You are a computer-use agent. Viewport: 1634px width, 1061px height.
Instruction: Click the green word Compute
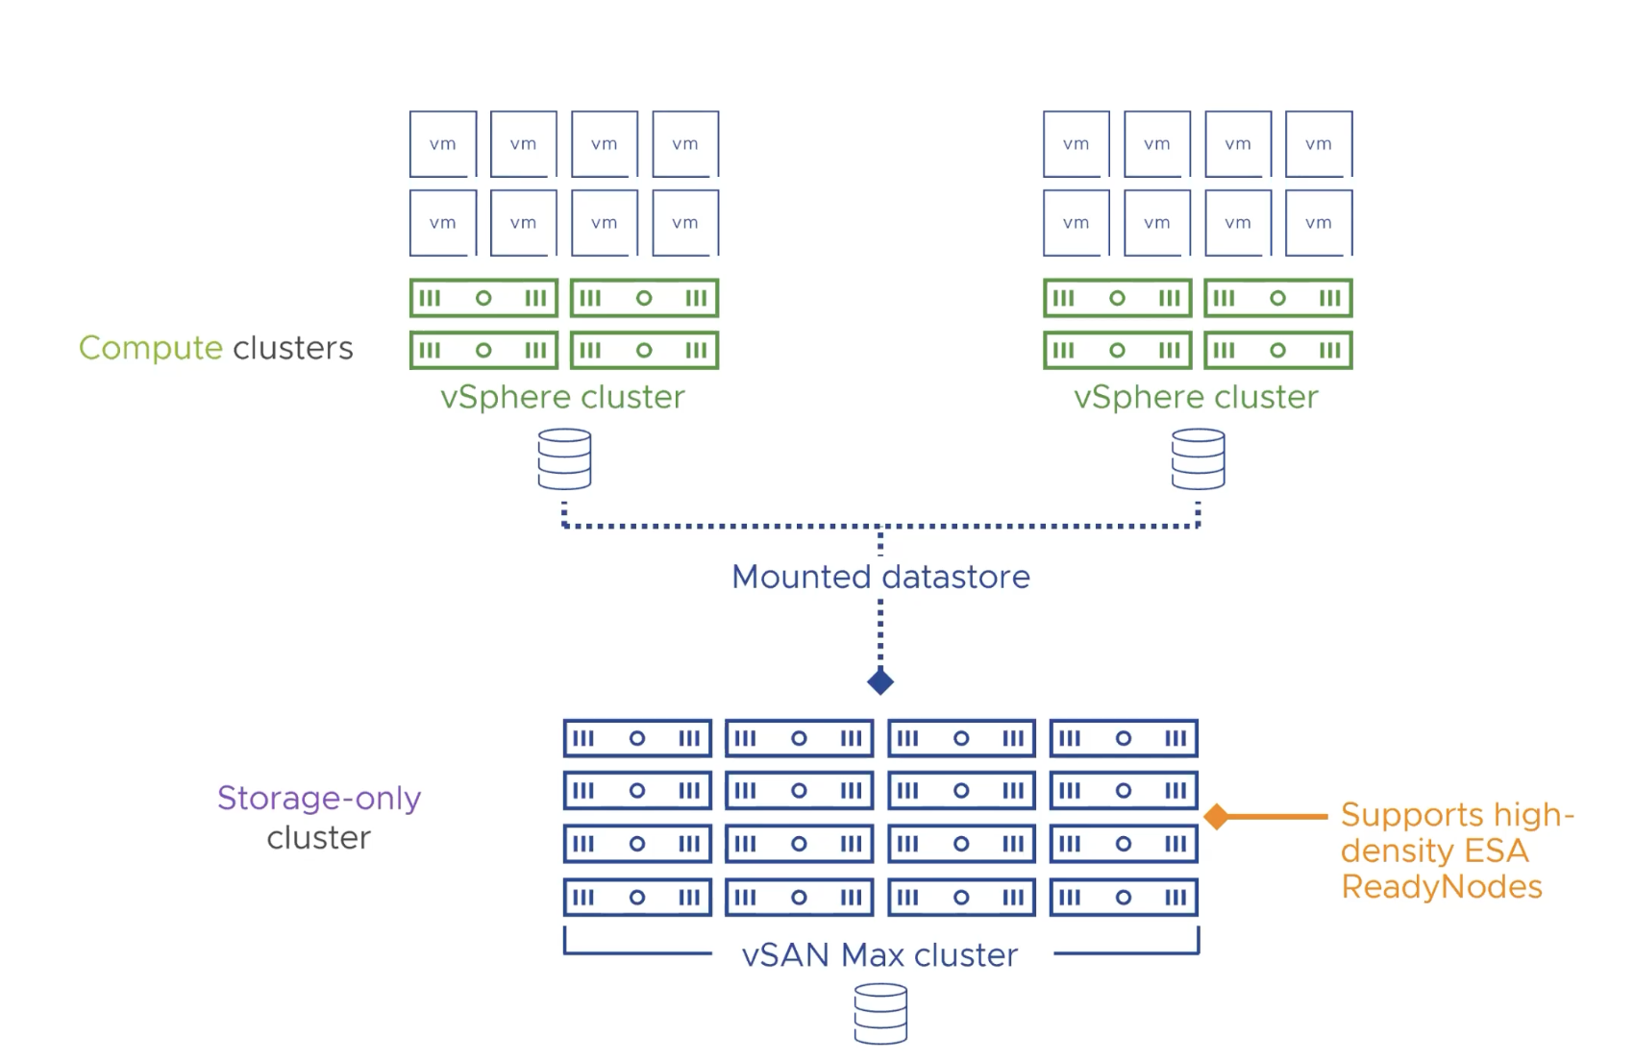(150, 348)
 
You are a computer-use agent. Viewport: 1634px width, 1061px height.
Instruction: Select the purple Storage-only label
(319, 799)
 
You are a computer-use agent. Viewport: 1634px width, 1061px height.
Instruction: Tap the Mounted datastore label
(880, 577)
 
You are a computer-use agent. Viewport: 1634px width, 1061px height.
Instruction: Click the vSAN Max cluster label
(879, 955)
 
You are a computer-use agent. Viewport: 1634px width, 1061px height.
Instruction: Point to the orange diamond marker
(1217, 817)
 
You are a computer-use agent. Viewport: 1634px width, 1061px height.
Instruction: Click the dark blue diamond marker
(880, 682)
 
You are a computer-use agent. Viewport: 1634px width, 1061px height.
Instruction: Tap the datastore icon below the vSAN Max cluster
(880, 1014)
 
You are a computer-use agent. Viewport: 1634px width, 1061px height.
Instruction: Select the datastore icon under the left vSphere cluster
(564, 459)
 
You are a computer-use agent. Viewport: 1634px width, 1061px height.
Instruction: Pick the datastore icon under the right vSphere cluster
(1198, 459)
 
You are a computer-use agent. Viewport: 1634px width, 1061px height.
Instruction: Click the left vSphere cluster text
(562, 398)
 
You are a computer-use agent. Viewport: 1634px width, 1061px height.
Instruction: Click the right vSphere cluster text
(1196, 398)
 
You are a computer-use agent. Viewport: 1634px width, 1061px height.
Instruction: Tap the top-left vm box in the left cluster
(443, 144)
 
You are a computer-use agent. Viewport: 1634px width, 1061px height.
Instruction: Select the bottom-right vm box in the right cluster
(1319, 223)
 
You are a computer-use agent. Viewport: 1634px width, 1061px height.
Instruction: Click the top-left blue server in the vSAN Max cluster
(637, 738)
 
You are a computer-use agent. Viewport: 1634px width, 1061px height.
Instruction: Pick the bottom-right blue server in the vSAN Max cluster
(1124, 898)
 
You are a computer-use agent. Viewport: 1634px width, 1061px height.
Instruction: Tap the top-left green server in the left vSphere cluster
(483, 298)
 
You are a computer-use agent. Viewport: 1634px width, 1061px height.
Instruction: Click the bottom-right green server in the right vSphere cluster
(1277, 351)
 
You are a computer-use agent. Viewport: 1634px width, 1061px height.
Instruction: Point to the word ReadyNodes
(1441, 887)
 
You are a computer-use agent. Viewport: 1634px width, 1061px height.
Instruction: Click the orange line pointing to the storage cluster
(1278, 817)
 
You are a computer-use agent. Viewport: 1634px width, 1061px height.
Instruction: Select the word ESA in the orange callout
(1496, 851)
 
